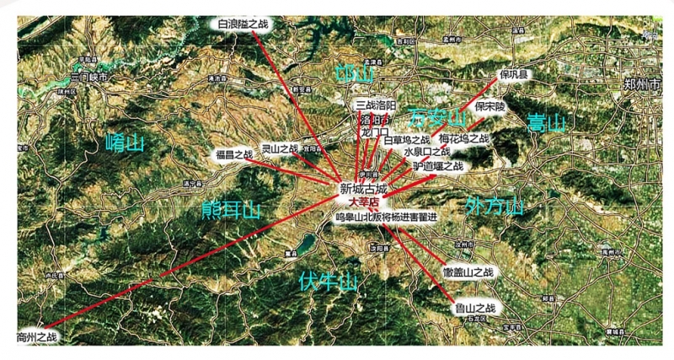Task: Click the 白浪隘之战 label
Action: click(x=244, y=24)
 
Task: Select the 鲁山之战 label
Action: click(x=473, y=309)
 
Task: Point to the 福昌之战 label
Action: click(x=233, y=154)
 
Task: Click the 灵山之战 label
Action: click(x=280, y=148)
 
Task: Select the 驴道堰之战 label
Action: click(x=438, y=166)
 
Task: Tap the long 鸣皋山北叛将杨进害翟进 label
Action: click(x=386, y=218)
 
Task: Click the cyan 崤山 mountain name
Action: click(x=126, y=144)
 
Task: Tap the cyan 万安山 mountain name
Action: click(x=436, y=116)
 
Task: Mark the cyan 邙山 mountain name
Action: click(x=354, y=73)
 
